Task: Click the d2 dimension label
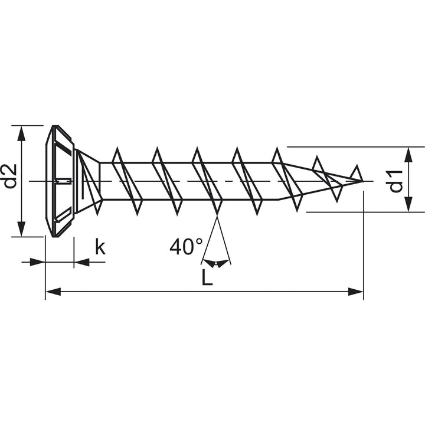[x=11, y=176]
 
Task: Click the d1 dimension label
[x=396, y=181]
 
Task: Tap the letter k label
[x=100, y=246]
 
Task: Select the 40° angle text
[x=186, y=246]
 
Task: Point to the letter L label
[x=207, y=277]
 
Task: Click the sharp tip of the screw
[x=363, y=181]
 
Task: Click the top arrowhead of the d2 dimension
[x=21, y=133]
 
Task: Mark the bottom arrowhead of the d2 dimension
[x=21, y=229]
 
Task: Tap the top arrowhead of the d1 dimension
[x=408, y=155]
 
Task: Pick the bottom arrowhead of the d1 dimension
[x=408, y=204]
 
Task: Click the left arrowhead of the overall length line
[x=53, y=292]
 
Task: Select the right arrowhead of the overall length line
[x=355, y=292]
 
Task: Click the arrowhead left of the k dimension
[x=37, y=262]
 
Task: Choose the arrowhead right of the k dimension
[x=81, y=262]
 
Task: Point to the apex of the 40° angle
[x=217, y=215]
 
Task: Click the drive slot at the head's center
[x=63, y=181]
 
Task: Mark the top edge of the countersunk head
[x=55, y=126]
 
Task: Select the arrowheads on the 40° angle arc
[x=216, y=263]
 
